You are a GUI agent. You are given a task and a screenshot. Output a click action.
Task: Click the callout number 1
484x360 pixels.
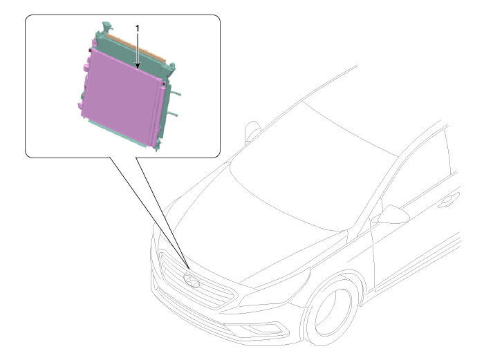coord(138,28)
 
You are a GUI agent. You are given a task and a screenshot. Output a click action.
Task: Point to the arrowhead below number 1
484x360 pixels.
coord(138,66)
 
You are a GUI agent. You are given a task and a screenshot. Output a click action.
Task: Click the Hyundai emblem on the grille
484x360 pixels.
coord(192,280)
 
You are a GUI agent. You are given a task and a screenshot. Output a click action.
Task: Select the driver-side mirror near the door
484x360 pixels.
coord(393,214)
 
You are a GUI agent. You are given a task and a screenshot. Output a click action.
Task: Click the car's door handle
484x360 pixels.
coord(449,200)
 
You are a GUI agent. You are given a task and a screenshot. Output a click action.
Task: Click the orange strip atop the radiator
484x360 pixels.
coord(136,48)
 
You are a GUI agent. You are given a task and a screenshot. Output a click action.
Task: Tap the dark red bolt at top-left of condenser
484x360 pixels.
coord(90,50)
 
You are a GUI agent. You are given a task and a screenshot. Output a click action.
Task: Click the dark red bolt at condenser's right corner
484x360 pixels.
coord(164,84)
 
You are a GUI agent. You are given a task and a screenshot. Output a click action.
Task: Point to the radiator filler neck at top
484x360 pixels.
coord(106,27)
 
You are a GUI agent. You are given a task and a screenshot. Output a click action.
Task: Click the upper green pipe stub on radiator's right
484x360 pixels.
coord(176,93)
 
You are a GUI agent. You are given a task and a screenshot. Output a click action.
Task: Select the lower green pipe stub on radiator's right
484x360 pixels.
coord(173,114)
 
